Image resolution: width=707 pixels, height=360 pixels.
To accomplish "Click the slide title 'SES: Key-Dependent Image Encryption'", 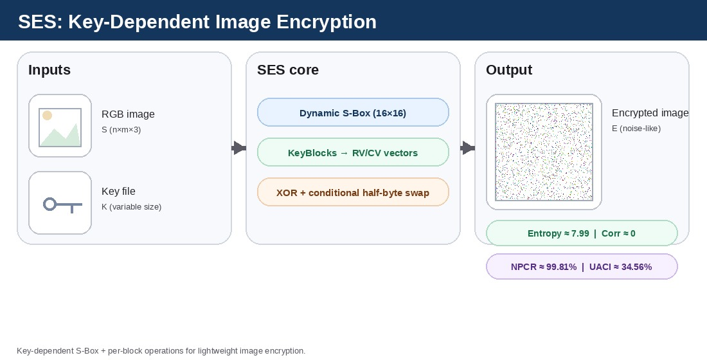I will (x=197, y=22).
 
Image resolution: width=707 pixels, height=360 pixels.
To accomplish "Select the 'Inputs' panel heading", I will (x=49, y=70).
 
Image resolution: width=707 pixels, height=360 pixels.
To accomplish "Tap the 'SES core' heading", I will (x=288, y=70).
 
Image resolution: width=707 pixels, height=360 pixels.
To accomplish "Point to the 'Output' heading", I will (x=509, y=70).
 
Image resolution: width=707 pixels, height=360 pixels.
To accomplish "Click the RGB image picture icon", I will (x=60, y=126).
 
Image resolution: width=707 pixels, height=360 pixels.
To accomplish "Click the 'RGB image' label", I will (x=128, y=114).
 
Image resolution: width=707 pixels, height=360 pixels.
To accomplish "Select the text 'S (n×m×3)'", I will (x=121, y=130).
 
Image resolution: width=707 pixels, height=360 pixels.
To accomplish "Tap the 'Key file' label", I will (x=118, y=191).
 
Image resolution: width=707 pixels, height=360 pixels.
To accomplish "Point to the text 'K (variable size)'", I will (x=131, y=207).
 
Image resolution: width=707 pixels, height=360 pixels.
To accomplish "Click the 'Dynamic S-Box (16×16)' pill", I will (x=353, y=113).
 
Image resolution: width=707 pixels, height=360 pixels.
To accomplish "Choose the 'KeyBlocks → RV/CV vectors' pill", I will (x=353, y=153).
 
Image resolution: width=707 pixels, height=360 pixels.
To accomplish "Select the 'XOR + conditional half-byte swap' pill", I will (x=353, y=193).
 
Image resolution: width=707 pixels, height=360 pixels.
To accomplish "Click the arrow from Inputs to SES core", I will (x=238, y=148).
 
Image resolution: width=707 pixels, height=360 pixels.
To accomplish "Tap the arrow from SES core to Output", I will (x=467, y=148).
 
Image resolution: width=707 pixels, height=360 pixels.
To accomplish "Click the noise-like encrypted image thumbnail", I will (x=544, y=152).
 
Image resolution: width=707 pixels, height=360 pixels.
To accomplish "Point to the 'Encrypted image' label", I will (x=650, y=113).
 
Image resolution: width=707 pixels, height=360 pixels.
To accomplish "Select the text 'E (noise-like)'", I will (x=636, y=129).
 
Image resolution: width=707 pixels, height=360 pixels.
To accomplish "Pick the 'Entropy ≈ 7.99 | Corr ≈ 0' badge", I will (x=582, y=233).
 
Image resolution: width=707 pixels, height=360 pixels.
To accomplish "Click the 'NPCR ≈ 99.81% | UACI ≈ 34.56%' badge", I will (x=582, y=267).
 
